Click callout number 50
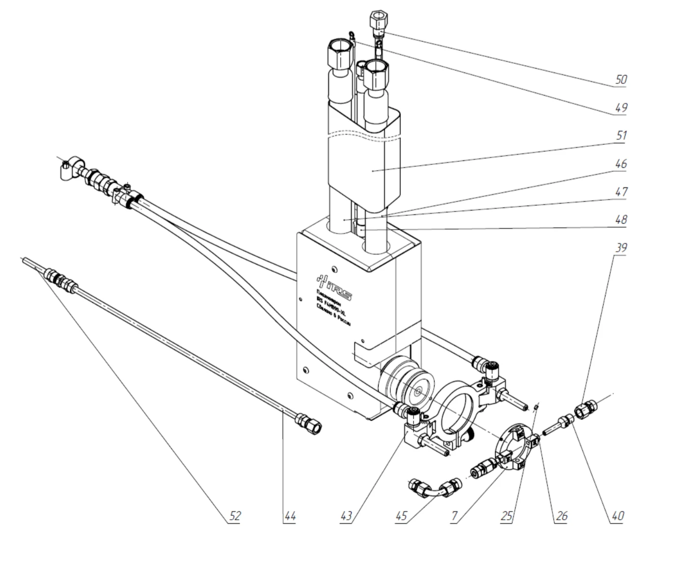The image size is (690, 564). (x=621, y=80)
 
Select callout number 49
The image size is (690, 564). (x=621, y=107)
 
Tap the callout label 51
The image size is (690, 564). (x=621, y=135)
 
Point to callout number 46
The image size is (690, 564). (x=621, y=163)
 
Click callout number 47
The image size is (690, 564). (x=621, y=191)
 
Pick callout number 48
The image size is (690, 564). (x=621, y=219)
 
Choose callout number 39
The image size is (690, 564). (x=621, y=247)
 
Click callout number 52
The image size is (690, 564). (x=235, y=516)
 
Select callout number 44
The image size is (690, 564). (x=290, y=516)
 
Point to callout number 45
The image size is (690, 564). (x=401, y=516)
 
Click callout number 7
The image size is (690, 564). (x=456, y=516)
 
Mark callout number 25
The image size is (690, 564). (x=507, y=516)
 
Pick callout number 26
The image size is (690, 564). (x=561, y=516)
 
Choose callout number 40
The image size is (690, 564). (x=617, y=516)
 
